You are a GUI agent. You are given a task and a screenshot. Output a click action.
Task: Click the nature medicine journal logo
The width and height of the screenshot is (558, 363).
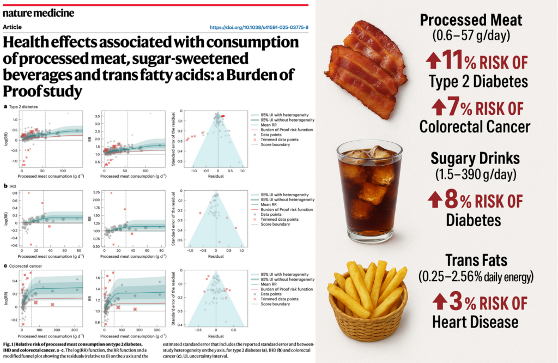[39, 11]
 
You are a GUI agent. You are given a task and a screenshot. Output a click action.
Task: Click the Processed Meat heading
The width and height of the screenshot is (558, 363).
[471, 20]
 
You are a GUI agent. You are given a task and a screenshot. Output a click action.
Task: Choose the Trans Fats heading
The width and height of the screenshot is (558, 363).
[475, 259]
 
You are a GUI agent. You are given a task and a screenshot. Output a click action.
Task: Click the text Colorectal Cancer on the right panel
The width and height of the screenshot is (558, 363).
[475, 126]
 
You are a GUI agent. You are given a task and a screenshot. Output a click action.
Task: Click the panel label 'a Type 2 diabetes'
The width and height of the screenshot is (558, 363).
[22, 107]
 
